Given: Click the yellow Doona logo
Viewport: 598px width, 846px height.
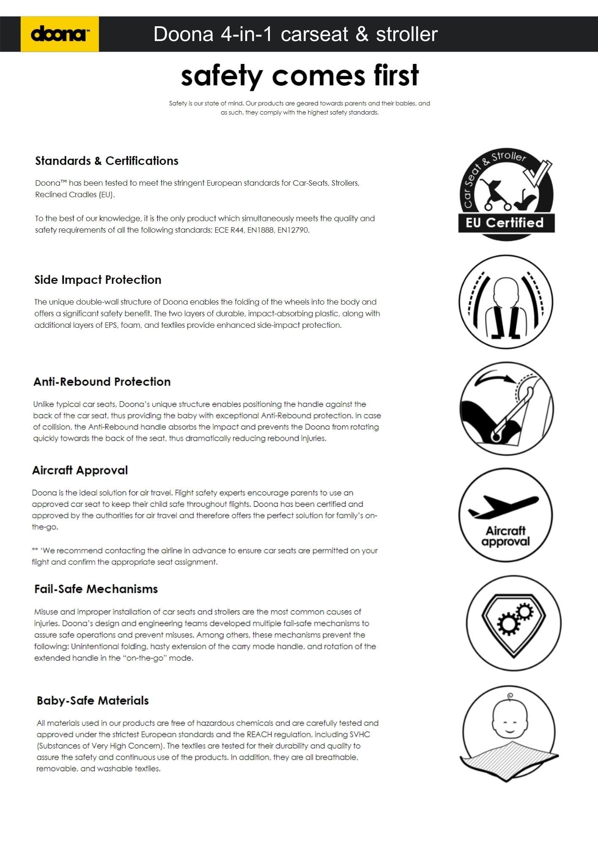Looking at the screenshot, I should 60,34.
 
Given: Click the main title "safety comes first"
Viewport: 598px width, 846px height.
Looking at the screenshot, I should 299,76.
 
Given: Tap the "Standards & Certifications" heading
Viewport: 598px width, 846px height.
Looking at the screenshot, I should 107,161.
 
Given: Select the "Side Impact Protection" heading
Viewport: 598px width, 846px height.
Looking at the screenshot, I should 98,280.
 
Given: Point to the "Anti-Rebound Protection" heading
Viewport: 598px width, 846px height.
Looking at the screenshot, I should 102,382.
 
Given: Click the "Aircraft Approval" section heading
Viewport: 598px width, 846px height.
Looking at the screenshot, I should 80,470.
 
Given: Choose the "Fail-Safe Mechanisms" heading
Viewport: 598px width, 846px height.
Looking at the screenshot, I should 96,589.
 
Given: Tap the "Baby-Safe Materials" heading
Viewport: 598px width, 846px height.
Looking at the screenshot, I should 93,700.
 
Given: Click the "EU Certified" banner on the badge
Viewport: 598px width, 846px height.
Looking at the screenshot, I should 505,223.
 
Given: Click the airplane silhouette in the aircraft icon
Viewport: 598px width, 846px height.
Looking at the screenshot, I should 503,506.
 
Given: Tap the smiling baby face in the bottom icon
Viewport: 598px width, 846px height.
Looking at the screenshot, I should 510,723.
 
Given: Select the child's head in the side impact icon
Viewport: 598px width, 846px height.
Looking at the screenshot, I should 506,292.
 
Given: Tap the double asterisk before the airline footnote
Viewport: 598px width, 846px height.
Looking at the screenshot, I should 35,550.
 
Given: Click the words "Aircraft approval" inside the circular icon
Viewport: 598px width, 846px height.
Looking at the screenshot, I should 505,536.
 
